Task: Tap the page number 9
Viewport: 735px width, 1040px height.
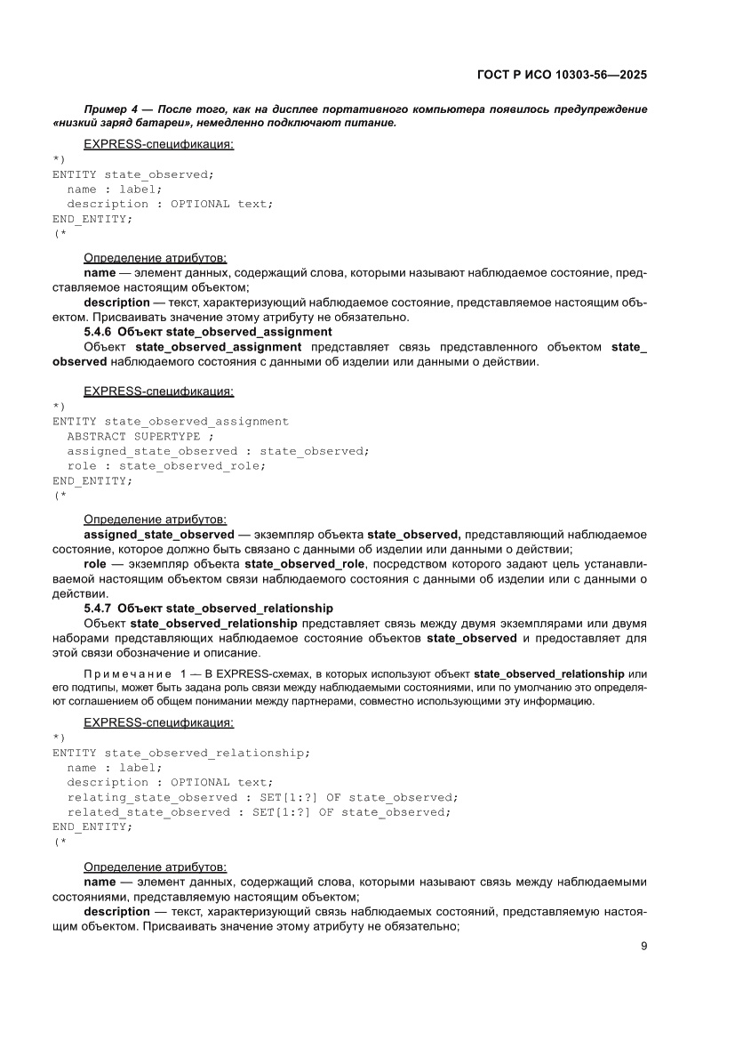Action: point(643,946)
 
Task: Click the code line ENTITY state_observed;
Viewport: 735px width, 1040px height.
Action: point(133,174)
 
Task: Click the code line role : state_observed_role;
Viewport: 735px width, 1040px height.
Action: point(166,465)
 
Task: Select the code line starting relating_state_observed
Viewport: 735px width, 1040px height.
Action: point(262,797)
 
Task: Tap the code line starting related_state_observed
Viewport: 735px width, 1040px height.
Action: point(259,811)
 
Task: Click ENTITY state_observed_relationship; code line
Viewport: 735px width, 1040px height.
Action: point(181,753)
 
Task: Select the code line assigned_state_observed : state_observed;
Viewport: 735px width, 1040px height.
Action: point(218,451)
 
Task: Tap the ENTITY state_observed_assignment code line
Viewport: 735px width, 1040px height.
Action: point(171,422)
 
